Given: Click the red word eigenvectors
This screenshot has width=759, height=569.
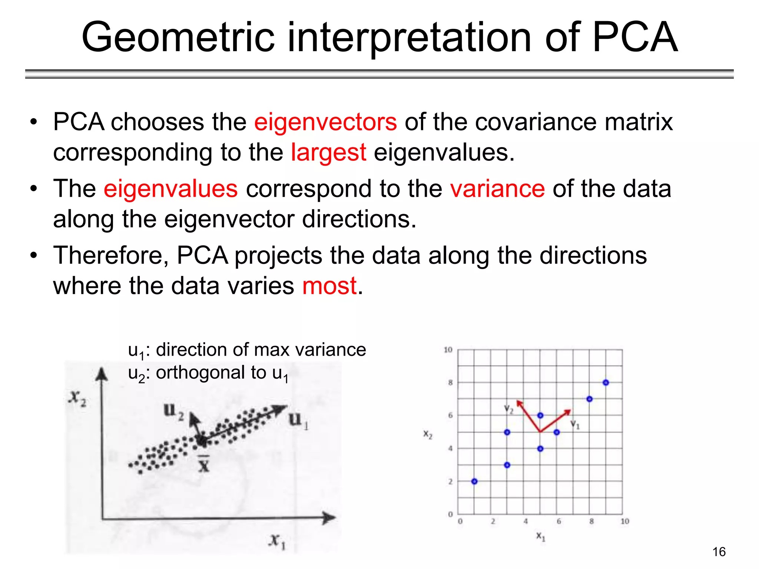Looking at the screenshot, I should [x=325, y=122].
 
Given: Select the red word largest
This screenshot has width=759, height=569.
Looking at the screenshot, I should [x=328, y=153].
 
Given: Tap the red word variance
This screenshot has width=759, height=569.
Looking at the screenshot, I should [x=497, y=189].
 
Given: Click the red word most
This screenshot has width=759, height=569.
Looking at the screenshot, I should [x=329, y=286].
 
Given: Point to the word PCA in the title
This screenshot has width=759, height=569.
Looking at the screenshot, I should [x=635, y=37].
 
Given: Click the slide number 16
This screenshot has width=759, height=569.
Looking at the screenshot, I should [x=719, y=552].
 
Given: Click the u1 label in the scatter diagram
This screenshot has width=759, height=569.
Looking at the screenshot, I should [x=298, y=420].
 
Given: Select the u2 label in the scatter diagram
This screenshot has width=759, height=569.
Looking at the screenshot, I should [x=173, y=411].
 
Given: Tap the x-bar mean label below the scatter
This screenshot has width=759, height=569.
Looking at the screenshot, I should [x=203, y=464].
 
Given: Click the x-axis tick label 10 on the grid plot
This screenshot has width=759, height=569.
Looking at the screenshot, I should [x=624, y=521].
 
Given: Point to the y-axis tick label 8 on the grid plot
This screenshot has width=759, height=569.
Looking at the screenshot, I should [x=450, y=383].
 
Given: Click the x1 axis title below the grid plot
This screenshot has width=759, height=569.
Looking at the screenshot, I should [x=541, y=536].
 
